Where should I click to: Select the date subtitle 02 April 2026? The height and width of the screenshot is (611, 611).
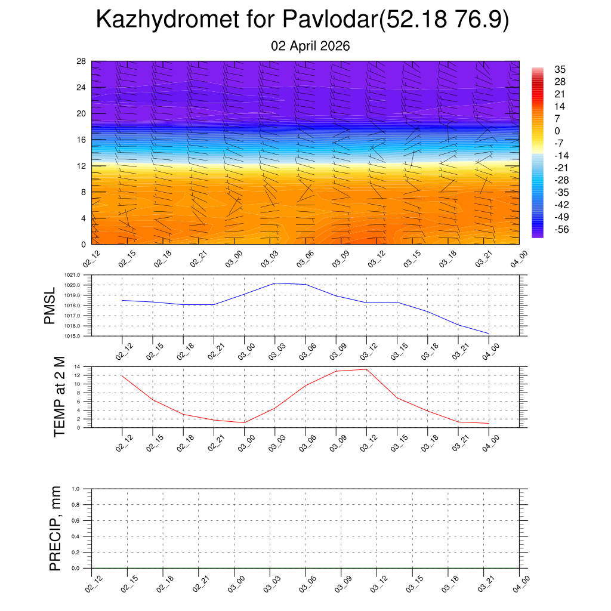coord(310,47)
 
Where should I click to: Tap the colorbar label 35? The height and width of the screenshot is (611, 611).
coord(560,69)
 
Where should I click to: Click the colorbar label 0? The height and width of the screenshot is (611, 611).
coord(557,131)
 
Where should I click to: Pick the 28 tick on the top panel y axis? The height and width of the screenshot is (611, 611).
coord(82,61)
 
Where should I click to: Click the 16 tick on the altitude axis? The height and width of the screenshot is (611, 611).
coord(82,140)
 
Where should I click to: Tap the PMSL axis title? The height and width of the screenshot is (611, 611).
coord(50,305)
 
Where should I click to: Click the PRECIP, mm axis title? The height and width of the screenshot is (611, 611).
coord(55,529)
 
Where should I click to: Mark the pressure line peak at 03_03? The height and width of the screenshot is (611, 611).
coord(275,283)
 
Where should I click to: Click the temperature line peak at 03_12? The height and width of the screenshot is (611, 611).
coord(366,369)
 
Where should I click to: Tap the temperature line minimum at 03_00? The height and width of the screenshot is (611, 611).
coord(245,422)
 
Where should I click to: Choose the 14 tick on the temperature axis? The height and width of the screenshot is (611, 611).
coord(78,366)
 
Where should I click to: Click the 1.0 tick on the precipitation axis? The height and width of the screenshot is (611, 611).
coord(76,489)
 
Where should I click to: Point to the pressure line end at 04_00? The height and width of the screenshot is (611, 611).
coord(489,334)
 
